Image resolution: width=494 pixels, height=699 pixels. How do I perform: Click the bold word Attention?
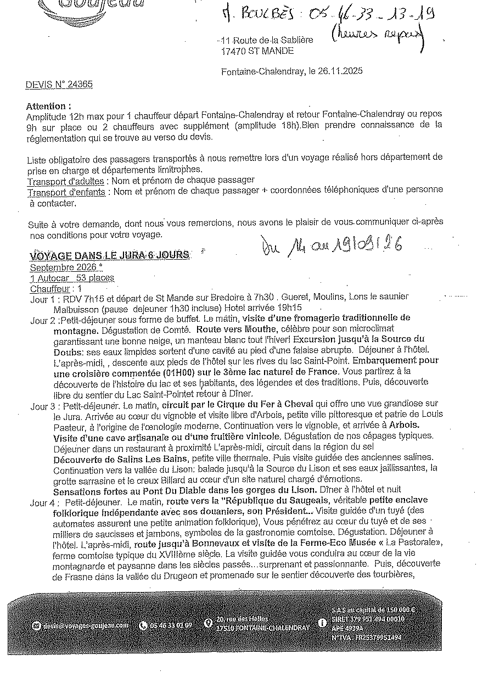click(x=48, y=107)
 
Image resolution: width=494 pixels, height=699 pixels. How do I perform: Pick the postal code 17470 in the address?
click(x=232, y=51)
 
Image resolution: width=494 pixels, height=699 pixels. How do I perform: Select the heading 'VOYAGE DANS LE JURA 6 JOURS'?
click(x=110, y=255)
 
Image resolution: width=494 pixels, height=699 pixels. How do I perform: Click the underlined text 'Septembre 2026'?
click(x=65, y=267)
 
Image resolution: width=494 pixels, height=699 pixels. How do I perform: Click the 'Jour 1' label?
click(x=43, y=297)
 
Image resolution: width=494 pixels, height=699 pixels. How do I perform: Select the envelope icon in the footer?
click(x=36, y=625)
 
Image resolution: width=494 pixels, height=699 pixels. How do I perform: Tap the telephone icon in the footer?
click(x=144, y=625)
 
